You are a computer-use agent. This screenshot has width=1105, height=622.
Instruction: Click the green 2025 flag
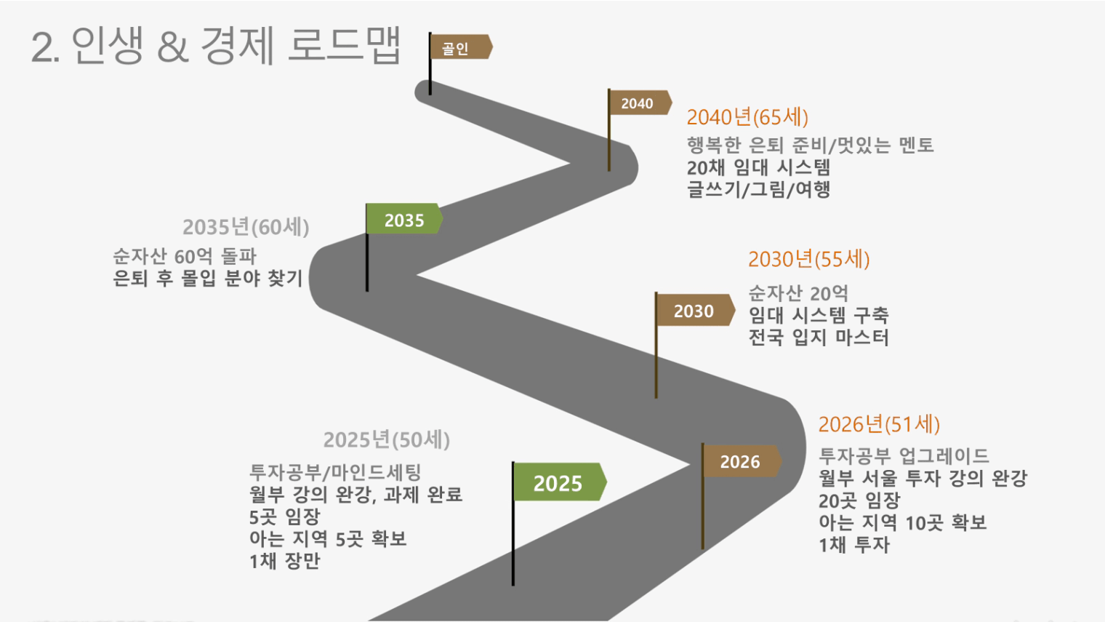pyautogui.click(x=560, y=482)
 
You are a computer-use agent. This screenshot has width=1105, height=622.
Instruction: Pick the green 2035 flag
pyautogui.click(x=404, y=219)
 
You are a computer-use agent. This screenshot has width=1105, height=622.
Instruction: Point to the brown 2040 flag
pyautogui.click(x=639, y=103)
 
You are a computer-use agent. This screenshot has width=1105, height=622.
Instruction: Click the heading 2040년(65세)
pyautogui.click(x=747, y=118)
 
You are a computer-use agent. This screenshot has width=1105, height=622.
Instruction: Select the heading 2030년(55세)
pyautogui.click(x=808, y=260)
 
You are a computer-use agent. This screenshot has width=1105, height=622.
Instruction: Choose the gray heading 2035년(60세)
pyautogui.click(x=246, y=227)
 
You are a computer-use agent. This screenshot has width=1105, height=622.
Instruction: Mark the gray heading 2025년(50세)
pyautogui.click(x=386, y=440)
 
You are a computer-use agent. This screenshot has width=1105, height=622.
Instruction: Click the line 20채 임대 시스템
pyautogui.click(x=758, y=168)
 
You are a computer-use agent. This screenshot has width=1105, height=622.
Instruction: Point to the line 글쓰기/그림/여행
pyautogui.click(x=758, y=190)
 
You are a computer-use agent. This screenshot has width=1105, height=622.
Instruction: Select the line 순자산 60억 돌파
pyautogui.click(x=185, y=256)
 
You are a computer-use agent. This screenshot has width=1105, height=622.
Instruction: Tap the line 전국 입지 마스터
pyautogui.click(x=819, y=337)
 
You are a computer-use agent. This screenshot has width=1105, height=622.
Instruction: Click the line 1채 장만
pyautogui.click(x=285, y=561)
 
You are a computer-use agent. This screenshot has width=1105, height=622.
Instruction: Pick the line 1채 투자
pyautogui.click(x=854, y=545)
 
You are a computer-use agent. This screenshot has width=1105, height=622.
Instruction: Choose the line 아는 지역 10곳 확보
pyautogui.click(x=903, y=523)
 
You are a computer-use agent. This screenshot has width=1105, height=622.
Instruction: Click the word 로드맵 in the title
pyautogui.click(x=344, y=45)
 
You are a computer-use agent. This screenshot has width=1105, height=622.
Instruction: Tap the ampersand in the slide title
pyautogui.click(x=173, y=47)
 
